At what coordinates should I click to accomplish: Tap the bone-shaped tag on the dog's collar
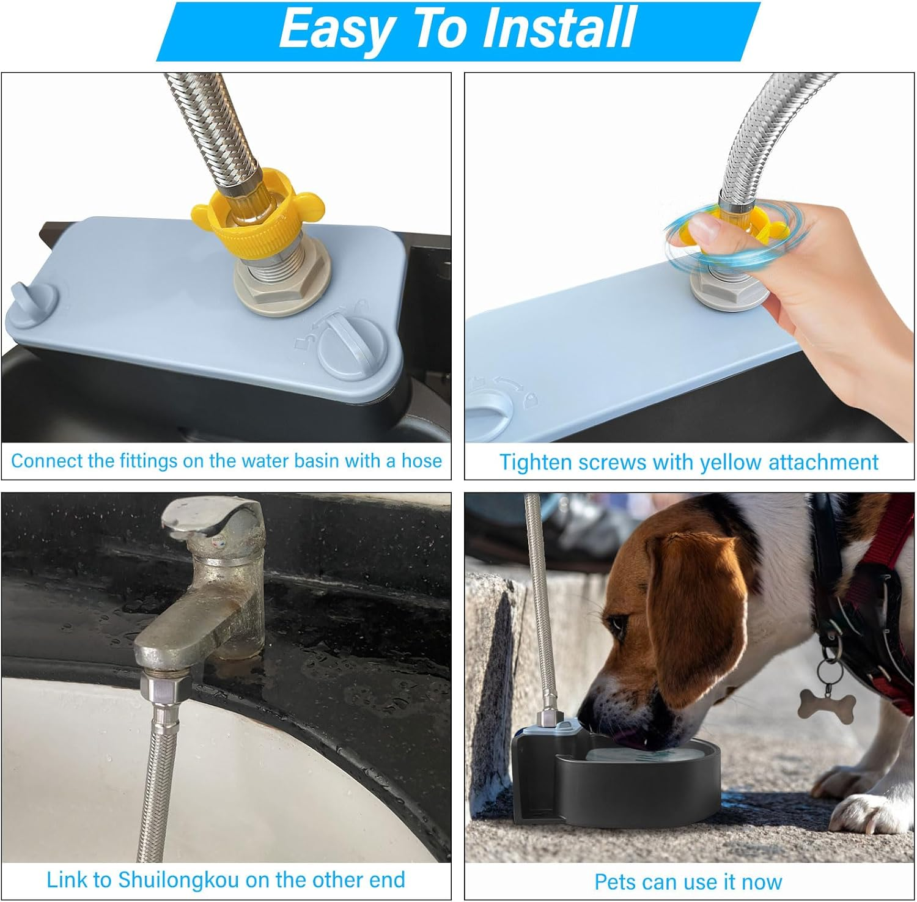click(x=827, y=703)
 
